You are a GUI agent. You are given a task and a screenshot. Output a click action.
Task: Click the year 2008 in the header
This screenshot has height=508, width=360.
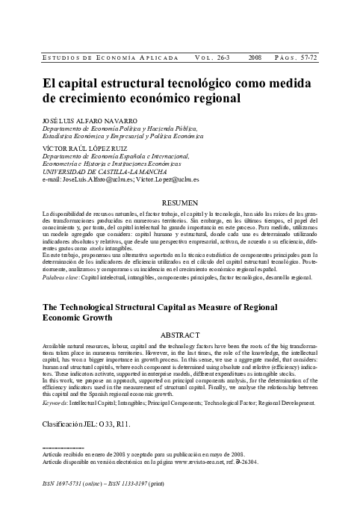click(255, 57)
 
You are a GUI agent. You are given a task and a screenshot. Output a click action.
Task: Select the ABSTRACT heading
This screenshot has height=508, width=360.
click(179, 335)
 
